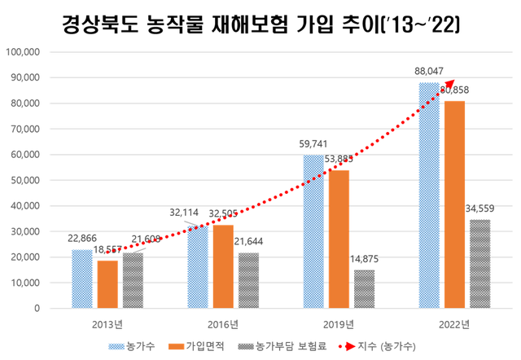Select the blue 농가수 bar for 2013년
tap(82, 279)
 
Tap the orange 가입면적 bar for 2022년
tap(454, 204)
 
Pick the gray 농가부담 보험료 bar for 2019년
tap(364, 289)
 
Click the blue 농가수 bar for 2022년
tap(429, 195)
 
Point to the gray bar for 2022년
tap(479, 264)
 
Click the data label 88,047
tap(429, 71)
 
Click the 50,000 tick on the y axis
tap(26, 180)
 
